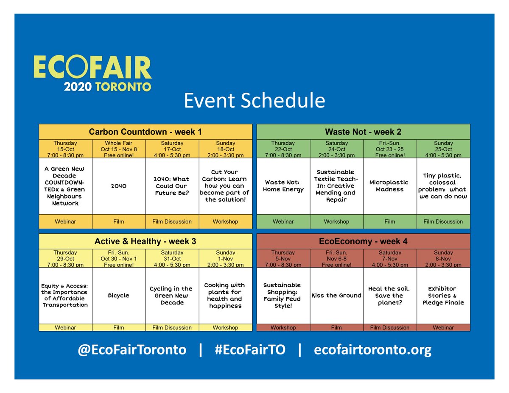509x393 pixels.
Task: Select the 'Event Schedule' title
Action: click(254, 101)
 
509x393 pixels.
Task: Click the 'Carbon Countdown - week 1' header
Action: click(145, 131)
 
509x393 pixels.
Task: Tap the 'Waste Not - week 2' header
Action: click(364, 131)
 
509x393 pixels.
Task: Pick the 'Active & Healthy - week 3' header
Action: click(145, 241)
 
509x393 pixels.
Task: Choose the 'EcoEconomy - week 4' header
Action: click(364, 241)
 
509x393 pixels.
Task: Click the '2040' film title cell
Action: click(119, 186)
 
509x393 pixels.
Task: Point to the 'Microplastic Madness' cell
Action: click(390, 186)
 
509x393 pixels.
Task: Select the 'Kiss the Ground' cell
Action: click(336, 296)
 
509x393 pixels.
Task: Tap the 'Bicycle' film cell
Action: click(119, 296)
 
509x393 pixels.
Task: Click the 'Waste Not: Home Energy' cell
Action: click(283, 186)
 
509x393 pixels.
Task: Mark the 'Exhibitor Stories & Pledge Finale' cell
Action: click(443, 296)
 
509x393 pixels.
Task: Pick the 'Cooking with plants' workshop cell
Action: click(225, 296)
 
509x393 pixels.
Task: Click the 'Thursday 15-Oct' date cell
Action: click(65, 149)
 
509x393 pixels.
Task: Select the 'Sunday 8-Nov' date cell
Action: click(443, 259)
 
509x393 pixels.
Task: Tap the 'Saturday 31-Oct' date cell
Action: click(172, 259)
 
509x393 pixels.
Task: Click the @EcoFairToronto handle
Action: click(132, 350)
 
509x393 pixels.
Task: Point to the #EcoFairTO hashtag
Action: click(249, 350)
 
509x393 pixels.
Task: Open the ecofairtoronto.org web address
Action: click(373, 350)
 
